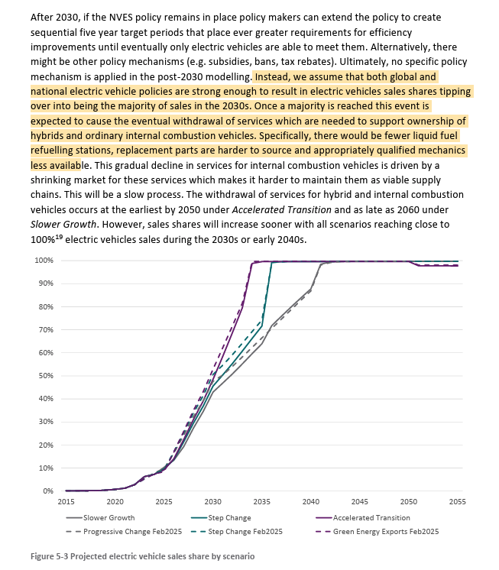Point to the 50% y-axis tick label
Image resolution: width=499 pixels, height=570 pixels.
44,376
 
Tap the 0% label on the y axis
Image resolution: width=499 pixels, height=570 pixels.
47,491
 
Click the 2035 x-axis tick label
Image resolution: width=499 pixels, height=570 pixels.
262,502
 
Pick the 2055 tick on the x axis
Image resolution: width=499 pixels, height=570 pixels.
458,502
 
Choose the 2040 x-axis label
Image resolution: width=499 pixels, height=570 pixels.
311,502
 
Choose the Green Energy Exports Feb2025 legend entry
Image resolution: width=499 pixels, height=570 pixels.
390,531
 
